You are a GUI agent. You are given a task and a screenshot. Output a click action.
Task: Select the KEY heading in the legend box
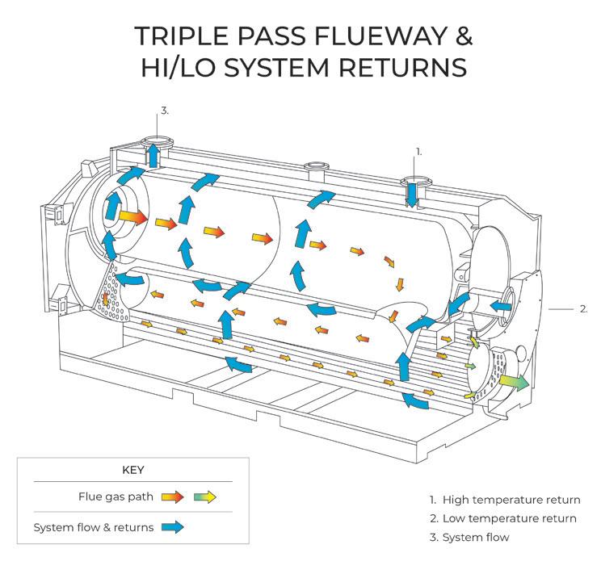132,469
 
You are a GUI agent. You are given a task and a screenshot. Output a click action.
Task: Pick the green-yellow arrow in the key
206,496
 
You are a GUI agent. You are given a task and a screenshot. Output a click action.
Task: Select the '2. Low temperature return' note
502,518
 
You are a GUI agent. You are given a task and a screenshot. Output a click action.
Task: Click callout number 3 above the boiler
164,111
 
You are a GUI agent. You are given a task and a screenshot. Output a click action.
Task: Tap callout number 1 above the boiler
418,151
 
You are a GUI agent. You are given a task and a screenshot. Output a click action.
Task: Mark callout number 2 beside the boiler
584,308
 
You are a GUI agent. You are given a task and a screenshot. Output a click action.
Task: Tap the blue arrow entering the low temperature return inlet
501,307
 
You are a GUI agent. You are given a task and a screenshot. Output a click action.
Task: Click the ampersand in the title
456,36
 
